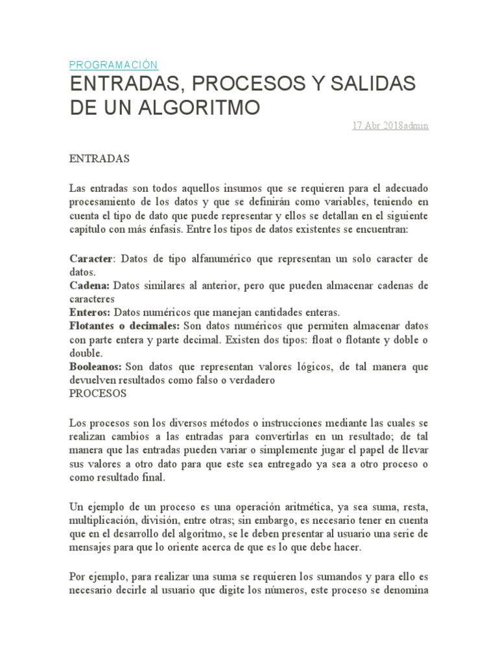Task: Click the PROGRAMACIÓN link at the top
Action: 113,65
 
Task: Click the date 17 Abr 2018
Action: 377,126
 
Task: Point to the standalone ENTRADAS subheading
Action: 100,158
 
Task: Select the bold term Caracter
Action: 91,259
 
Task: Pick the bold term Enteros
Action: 90,313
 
